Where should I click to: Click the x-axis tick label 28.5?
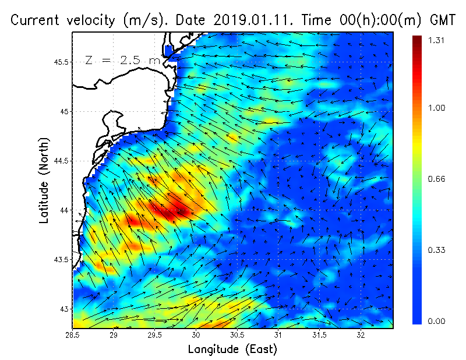pyautogui.click(x=73, y=334)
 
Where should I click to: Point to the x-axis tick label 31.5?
pyautogui.click(x=319, y=334)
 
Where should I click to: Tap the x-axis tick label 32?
pyautogui.click(x=361, y=334)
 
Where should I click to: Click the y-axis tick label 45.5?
pyautogui.click(x=61, y=62)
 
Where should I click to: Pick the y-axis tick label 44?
pyautogui.click(x=63, y=210)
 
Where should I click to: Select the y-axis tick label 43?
pyautogui.click(x=63, y=309)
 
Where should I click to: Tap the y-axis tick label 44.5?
pyautogui.click(x=61, y=160)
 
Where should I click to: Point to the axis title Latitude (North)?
pyautogui.click(x=44, y=181)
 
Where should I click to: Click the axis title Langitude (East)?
pyautogui.click(x=232, y=350)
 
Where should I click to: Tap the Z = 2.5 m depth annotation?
pyautogui.click(x=122, y=60)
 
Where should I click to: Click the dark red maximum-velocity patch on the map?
pyautogui.click(x=170, y=211)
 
